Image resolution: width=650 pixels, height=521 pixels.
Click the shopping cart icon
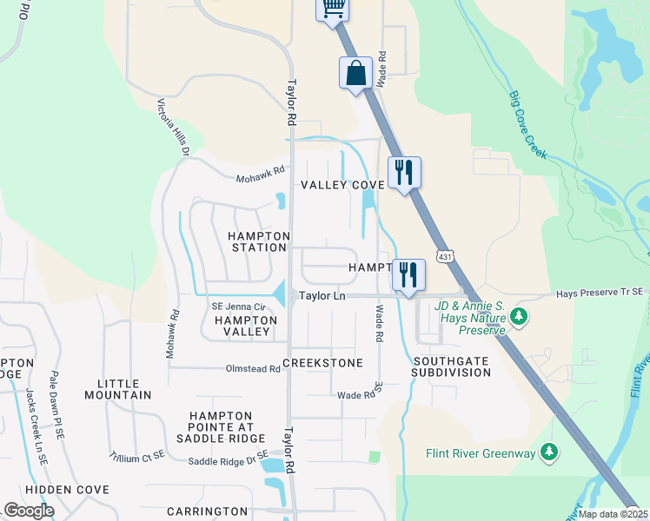click(332, 9)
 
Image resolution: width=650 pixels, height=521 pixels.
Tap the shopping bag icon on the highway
click(356, 73)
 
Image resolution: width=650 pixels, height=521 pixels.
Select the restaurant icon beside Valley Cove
click(404, 172)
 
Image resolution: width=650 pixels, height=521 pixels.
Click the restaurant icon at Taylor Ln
click(408, 275)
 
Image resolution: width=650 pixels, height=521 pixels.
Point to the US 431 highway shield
click(445, 257)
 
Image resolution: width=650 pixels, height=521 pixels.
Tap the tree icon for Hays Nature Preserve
click(520, 315)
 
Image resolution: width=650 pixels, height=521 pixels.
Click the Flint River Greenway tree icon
click(548, 452)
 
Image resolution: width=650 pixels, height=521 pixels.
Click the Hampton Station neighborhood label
click(257, 241)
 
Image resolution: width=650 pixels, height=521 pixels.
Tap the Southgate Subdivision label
click(451, 366)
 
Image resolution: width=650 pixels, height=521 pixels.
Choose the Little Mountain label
click(118, 389)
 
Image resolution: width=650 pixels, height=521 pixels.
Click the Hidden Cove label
click(68, 490)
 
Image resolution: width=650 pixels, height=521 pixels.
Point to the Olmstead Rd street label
click(251, 369)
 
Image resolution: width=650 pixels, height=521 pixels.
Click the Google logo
click(30, 510)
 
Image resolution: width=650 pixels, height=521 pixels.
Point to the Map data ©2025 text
click(612, 514)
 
